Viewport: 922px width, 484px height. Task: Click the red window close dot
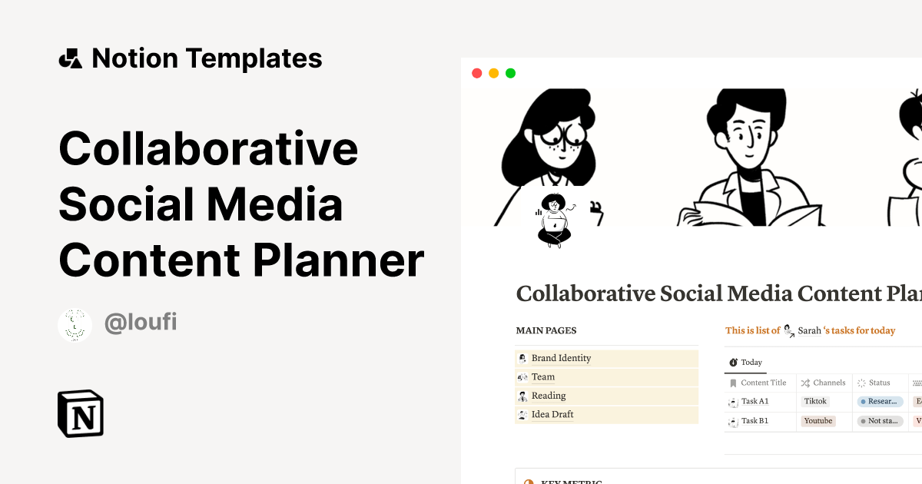[x=476, y=74]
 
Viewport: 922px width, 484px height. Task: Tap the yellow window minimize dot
[x=493, y=74]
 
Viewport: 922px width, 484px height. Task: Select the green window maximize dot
[x=510, y=74]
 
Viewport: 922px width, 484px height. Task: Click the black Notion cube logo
[x=81, y=414]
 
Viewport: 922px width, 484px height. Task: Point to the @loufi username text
[x=141, y=322]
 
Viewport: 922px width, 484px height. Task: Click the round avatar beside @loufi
[x=75, y=325]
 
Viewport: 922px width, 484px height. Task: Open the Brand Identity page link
[x=561, y=358]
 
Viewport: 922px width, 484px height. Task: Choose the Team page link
[x=542, y=377]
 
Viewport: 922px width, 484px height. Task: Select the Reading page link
[x=548, y=396]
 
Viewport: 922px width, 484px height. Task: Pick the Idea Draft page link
[x=552, y=415]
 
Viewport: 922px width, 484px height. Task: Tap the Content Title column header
[x=763, y=383]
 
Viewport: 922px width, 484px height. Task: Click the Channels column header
[x=829, y=383]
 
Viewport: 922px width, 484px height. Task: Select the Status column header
[x=879, y=383]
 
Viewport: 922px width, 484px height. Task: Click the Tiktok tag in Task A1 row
[x=815, y=401]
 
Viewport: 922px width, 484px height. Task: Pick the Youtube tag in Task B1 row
[x=818, y=421]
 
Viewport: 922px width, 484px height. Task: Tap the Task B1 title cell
[x=755, y=421]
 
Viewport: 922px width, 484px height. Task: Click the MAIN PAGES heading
[x=546, y=331]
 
